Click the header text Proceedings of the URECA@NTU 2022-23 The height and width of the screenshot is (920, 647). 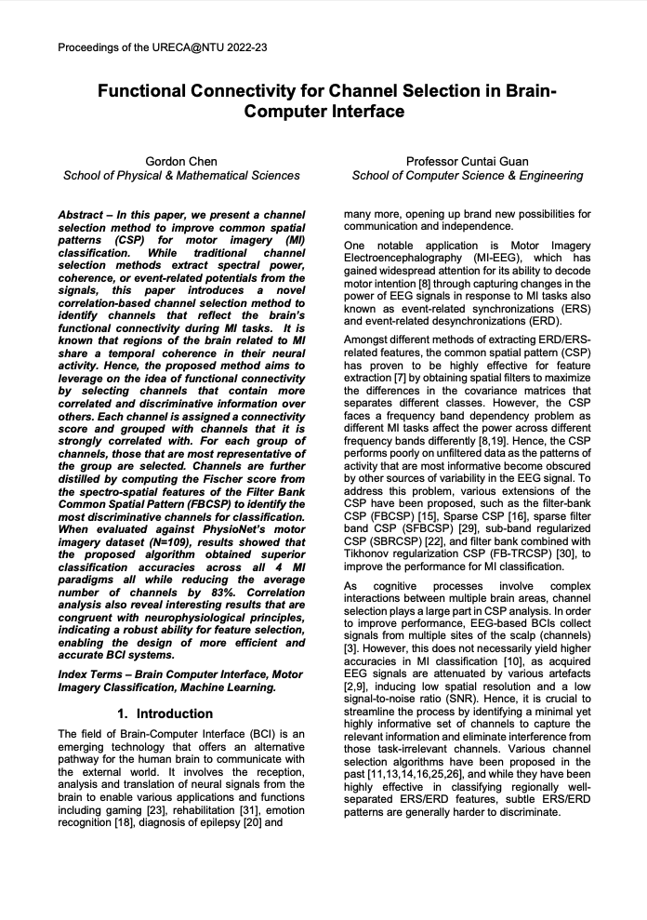pos(164,47)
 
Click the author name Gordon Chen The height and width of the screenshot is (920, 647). pos(181,161)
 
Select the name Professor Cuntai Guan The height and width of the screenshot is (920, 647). pos(468,161)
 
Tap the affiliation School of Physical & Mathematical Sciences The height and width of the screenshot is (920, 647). pos(181,176)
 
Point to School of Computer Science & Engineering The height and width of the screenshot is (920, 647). pos(468,176)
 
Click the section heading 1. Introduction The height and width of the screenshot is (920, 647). pos(165,713)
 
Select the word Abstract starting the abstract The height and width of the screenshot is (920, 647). pos(80,214)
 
